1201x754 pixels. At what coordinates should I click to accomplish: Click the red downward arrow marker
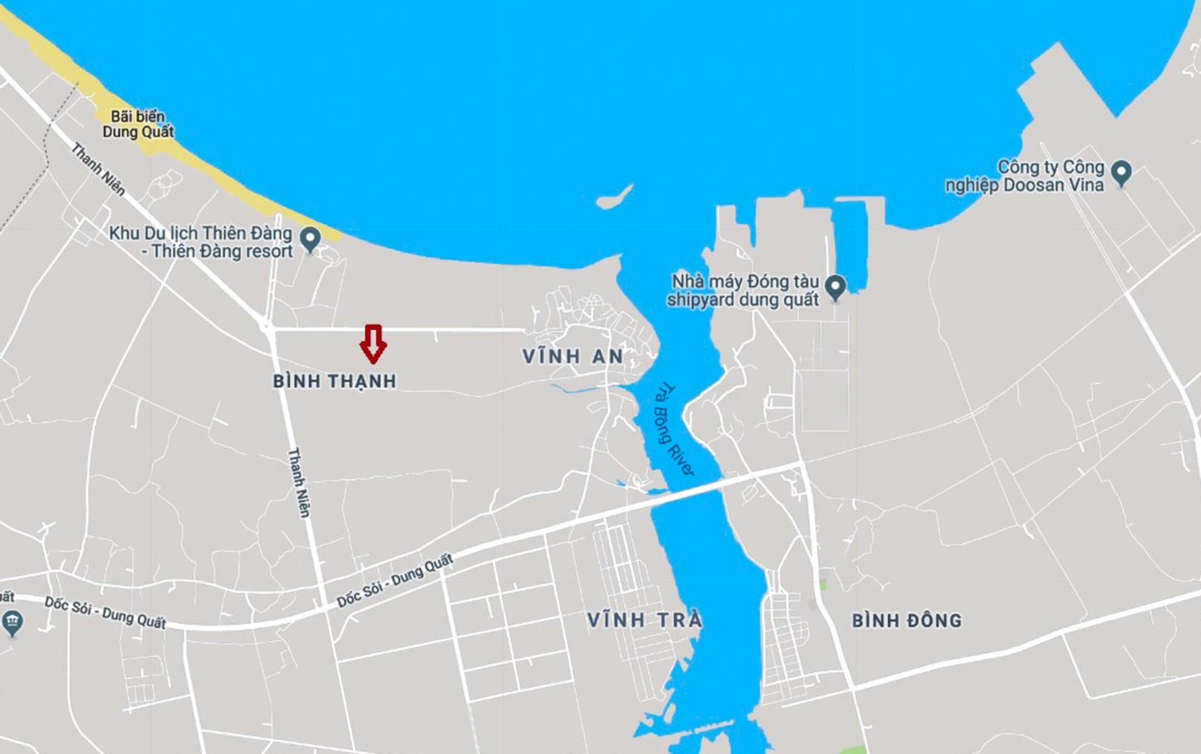point(373,344)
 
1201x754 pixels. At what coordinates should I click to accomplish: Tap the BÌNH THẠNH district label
point(334,381)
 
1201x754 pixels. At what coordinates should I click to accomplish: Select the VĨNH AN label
point(573,356)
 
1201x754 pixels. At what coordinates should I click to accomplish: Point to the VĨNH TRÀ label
point(645,620)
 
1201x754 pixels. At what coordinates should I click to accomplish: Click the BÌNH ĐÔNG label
point(907,620)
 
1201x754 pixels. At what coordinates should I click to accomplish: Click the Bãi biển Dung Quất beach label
point(138,124)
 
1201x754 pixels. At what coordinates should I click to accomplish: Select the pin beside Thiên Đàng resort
point(311,239)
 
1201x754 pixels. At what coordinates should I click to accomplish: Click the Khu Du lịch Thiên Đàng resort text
point(201,242)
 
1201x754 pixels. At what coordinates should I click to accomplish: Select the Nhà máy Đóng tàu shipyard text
point(744,291)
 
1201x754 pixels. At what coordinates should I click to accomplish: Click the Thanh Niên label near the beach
point(98,169)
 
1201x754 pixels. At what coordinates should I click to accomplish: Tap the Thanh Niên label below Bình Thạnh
point(298,483)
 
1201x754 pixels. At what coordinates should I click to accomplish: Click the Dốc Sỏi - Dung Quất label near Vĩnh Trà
point(395,581)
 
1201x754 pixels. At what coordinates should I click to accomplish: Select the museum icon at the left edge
point(12,622)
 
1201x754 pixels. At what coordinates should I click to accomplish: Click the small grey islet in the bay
point(614,197)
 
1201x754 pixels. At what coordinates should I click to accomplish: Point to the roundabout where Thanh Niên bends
point(266,326)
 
